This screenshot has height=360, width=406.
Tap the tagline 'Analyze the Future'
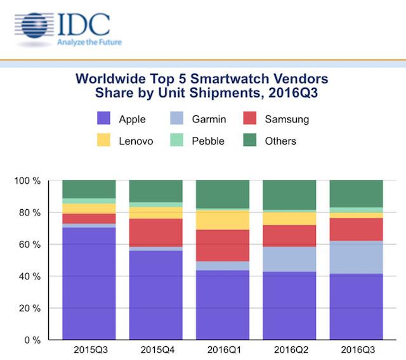coord(88,42)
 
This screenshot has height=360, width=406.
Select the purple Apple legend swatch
coord(106,119)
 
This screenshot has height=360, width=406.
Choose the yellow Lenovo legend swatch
coord(106,141)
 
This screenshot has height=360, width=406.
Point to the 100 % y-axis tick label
coord(27,181)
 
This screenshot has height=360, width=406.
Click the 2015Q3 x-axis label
coord(89,350)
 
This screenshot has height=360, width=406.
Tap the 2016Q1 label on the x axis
coord(222,350)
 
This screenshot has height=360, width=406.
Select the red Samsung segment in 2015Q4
coord(155,233)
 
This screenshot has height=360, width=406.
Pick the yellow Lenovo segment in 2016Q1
coord(222,220)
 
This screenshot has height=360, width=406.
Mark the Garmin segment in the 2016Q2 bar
coord(289,259)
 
